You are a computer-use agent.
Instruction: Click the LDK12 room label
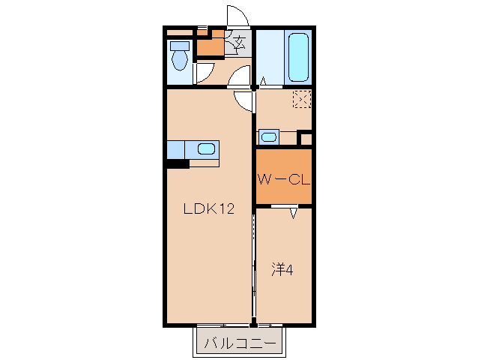(210, 209)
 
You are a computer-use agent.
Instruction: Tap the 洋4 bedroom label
(281, 269)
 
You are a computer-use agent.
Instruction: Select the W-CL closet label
(284, 180)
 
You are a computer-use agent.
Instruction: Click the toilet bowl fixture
(179, 56)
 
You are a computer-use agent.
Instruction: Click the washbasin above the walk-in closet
(268, 136)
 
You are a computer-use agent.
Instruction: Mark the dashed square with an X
(302, 99)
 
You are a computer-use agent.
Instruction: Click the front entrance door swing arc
(237, 16)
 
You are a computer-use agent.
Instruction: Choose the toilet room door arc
(203, 73)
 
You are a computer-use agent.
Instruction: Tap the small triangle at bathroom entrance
(263, 81)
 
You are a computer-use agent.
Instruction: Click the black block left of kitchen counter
(178, 163)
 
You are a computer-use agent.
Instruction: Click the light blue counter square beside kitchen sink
(176, 149)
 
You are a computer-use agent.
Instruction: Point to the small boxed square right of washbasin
(304, 138)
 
